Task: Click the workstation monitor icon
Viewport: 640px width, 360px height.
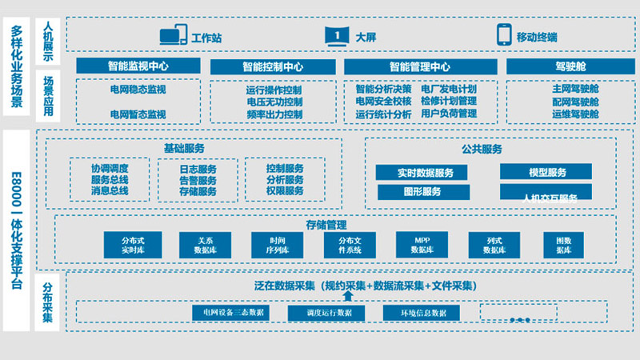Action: (173, 36)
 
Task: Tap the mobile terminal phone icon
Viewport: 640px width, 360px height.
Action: (504, 36)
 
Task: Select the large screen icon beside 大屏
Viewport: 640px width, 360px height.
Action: (338, 36)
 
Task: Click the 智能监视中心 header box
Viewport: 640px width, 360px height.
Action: (138, 66)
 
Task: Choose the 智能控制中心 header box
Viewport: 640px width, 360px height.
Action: (272, 66)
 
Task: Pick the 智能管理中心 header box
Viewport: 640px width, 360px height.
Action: (419, 66)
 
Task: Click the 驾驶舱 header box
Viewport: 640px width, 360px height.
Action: (570, 66)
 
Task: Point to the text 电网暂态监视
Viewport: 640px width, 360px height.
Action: (138, 114)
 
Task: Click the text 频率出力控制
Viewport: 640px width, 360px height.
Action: (274, 114)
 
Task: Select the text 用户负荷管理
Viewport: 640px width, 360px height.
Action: (449, 114)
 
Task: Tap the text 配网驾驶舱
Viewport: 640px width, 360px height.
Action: (574, 102)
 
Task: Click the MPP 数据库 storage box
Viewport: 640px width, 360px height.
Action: (422, 245)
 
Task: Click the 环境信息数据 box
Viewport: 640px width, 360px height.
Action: (422, 312)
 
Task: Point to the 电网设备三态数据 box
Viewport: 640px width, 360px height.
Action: (234, 312)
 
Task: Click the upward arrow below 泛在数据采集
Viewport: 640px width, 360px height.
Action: (348, 297)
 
